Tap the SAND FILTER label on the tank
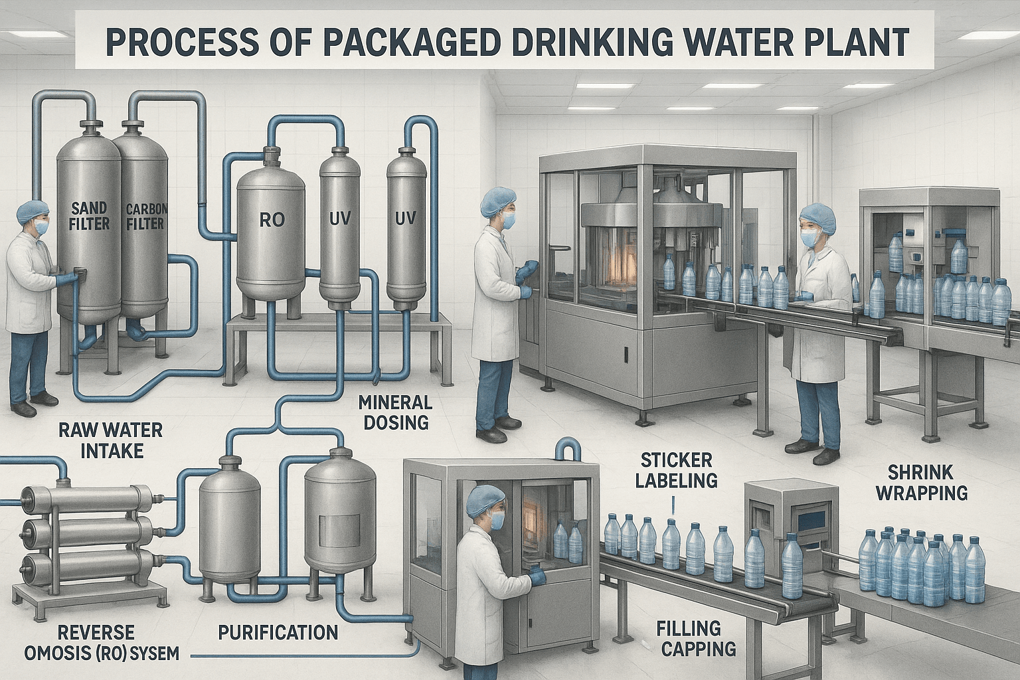[90, 216]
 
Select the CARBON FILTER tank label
[146, 216]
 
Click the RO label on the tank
[272, 219]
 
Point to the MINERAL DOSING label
[395, 412]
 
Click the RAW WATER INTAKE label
[110, 440]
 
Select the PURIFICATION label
[278, 632]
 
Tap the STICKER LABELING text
[676, 469]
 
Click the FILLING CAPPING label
[696, 637]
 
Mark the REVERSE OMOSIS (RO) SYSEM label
[102, 642]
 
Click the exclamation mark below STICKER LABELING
[673, 505]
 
